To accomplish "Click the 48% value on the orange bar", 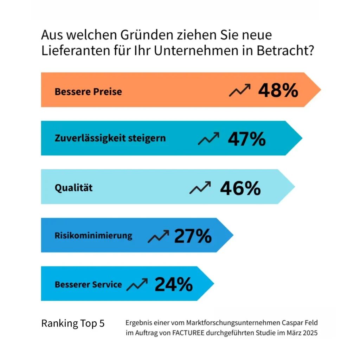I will pos(278,90).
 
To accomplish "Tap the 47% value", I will pos(247,139).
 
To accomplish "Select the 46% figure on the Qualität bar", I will pos(240,188).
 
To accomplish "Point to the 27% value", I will pos(193,236).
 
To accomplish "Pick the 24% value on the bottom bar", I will pos(174,284).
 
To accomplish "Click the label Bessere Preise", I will pos(88,92).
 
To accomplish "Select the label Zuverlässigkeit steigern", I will pos(110,138).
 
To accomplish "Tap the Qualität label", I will pos(73,188).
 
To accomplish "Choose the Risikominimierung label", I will pos(94,235).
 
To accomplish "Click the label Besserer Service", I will pos(88,284).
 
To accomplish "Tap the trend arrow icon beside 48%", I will pos(240,90).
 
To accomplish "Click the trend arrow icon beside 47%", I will pos(208,139).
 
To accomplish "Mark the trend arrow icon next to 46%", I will pos(200,188).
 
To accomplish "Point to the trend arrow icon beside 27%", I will pos(158,236).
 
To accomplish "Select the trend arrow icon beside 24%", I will pos(137,284).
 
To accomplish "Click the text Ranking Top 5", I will pos(73,323).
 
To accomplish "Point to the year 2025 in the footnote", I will pos(309,333).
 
